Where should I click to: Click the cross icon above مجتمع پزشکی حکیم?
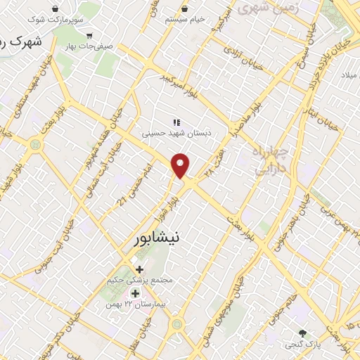[139, 269]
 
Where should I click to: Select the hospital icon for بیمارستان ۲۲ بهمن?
[134, 293]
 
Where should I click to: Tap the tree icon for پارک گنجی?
[303, 333]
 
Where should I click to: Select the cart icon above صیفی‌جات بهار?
[89, 35]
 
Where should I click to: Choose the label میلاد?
[349, 74]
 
